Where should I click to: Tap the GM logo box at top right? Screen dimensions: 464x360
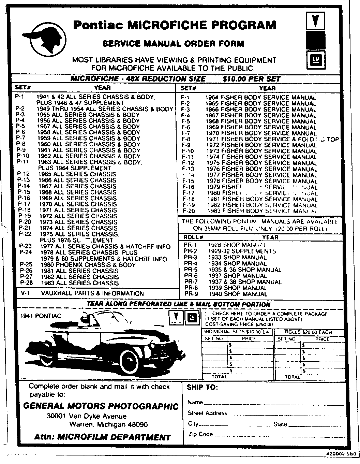(x=315, y=60)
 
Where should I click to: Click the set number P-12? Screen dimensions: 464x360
(x=24, y=174)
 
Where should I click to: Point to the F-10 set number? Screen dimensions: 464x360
(x=188, y=151)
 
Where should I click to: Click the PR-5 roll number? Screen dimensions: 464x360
(x=191, y=270)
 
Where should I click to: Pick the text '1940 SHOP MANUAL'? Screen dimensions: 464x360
(x=238, y=294)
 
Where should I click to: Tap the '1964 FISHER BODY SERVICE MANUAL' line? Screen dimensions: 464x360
(x=260, y=97)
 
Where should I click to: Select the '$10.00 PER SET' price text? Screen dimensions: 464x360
(x=251, y=79)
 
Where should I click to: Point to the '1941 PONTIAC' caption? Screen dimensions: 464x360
(x=41, y=316)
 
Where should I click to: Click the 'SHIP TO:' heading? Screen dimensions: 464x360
(x=202, y=388)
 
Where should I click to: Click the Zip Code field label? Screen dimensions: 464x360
(x=200, y=434)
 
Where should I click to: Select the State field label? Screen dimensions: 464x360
(x=280, y=424)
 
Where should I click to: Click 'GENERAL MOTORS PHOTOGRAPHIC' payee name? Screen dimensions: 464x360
(x=101, y=406)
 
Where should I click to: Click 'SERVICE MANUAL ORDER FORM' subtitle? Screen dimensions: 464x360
(x=173, y=44)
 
